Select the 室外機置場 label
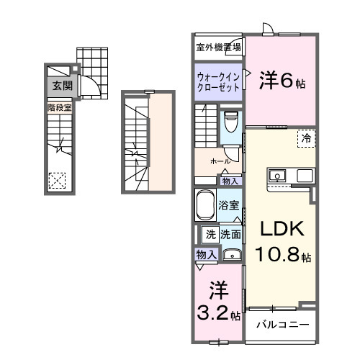pyautogui.click(x=218, y=48)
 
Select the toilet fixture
pyautogui.click(x=231, y=122)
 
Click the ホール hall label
pyautogui.click(x=220, y=161)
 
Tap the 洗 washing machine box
pyautogui.click(x=210, y=233)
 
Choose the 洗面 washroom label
pyautogui.click(x=230, y=233)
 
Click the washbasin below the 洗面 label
pyautogui.click(x=231, y=254)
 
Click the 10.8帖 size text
pyautogui.click(x=282, y=255)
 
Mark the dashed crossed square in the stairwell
pyautogui.click(x=58, y=180)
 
